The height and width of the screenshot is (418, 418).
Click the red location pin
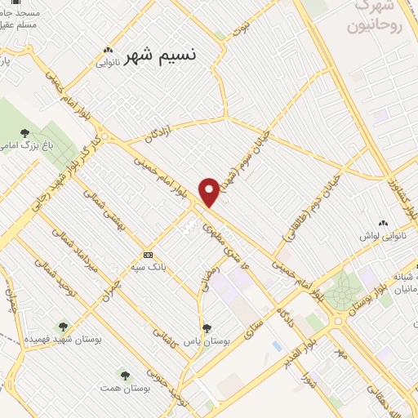coord(210,191)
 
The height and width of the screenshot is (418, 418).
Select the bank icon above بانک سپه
coord(148,254)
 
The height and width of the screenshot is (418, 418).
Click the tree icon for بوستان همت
coord(125,376)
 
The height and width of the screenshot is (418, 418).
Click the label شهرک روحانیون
coord(375,16)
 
